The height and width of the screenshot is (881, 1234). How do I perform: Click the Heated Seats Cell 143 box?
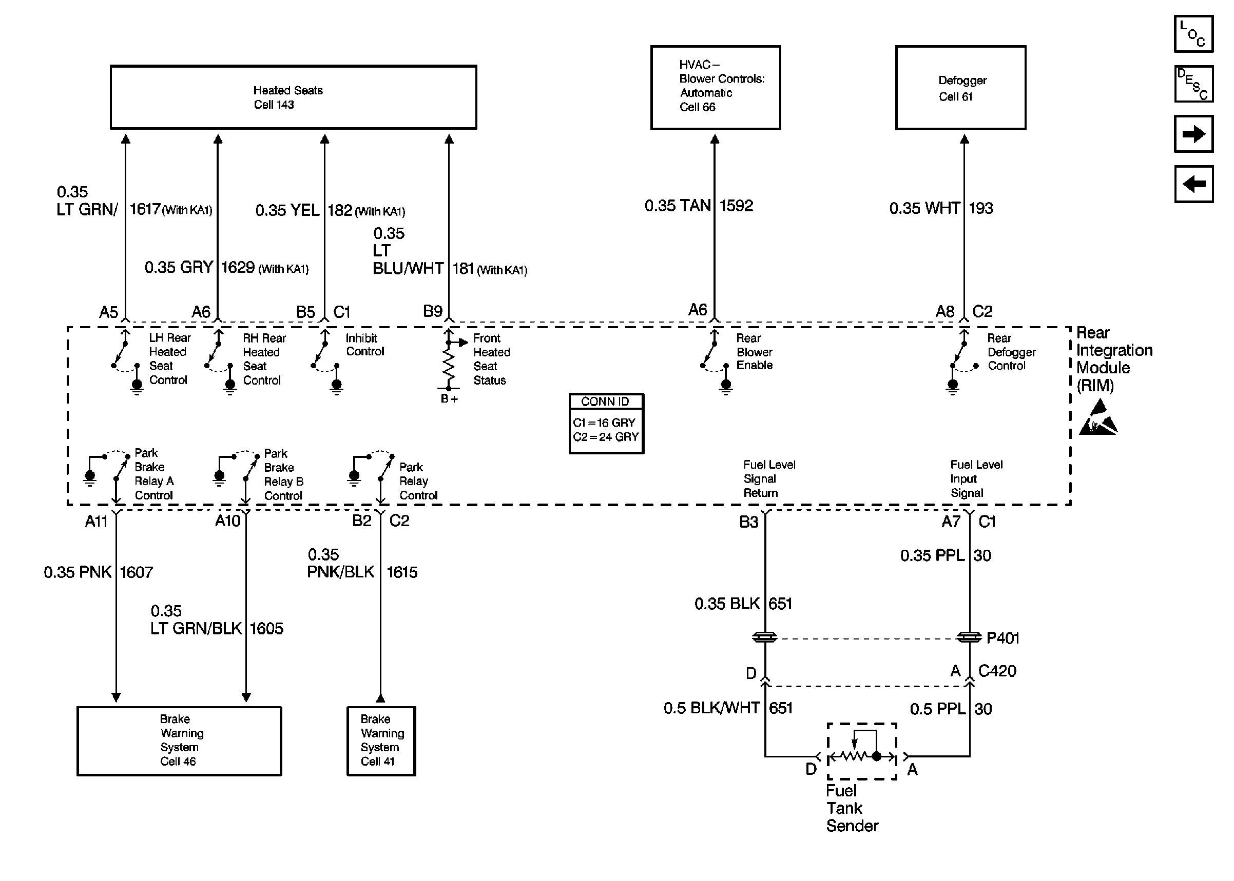293,97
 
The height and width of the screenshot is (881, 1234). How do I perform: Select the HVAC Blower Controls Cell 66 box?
715,87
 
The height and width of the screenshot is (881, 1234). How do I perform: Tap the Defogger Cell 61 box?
960,87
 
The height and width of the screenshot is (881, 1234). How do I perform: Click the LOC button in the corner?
1193,34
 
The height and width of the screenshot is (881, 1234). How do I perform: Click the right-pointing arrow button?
1193,133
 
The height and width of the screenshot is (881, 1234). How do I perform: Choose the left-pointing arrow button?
1193,184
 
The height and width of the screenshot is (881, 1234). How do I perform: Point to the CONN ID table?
606,423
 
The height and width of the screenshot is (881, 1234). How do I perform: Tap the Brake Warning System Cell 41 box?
380,740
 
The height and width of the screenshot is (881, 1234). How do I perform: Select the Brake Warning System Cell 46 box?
179,740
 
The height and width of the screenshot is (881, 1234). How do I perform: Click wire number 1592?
736,206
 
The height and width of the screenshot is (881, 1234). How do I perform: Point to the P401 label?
1002,638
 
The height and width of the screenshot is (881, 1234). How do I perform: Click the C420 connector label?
997,671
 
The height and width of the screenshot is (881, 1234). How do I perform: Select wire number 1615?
402,572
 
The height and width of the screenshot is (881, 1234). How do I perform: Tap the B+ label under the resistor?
449,399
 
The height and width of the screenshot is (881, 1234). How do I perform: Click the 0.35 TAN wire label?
677,206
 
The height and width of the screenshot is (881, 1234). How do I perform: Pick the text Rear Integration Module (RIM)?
1113,358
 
